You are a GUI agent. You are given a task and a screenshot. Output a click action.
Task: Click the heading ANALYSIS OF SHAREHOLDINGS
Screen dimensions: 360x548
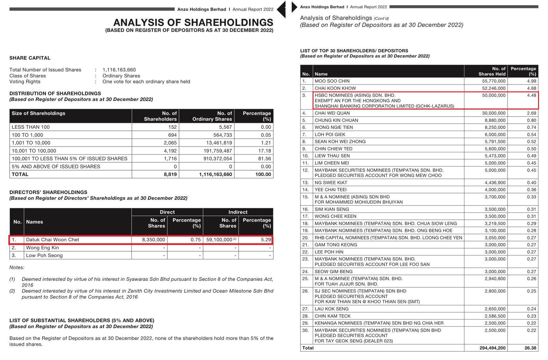(x=193, y=22)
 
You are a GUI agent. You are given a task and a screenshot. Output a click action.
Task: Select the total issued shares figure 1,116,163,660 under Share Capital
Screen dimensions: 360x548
(x=119, y=70)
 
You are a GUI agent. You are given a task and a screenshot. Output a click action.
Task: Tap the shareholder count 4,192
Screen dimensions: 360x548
(x=170, y=151)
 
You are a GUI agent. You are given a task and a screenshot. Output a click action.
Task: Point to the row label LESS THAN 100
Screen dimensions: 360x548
(x=30, y=127)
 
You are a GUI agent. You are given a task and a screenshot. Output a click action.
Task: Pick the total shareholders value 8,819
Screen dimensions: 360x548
(x=170, y=174)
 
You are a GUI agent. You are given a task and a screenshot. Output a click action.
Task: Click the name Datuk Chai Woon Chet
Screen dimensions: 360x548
(x=52, y=240)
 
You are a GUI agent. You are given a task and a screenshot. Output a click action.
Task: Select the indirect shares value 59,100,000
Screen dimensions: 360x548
(x=219, y=240)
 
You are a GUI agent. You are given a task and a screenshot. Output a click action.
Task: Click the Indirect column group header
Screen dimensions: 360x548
(x=238, y=212)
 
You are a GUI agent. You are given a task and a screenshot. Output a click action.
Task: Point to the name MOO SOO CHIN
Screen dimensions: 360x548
(x=332, y=81)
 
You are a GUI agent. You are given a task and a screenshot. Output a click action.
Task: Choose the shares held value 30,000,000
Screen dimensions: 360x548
(x=494, y=113)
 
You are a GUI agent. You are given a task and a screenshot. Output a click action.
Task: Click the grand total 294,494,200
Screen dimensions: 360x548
(x=492, y=348)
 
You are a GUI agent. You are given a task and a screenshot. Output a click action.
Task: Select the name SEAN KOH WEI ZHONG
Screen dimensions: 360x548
(x=340, y=141)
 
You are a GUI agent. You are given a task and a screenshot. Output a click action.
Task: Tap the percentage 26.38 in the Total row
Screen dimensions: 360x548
(x=530, y=348)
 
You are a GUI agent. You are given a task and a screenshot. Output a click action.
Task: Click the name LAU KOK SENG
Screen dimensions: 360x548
(x=332, y=309)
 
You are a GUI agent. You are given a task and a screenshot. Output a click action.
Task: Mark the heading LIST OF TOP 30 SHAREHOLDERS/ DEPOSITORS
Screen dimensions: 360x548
(x=354, y=51)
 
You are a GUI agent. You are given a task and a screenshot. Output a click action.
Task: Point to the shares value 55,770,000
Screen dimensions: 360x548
(x=494, y=81)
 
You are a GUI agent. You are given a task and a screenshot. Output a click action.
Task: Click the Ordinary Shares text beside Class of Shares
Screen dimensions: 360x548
(x=121, y=76)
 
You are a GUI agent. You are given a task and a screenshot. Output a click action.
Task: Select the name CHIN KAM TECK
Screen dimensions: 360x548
(x=332, y=316)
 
